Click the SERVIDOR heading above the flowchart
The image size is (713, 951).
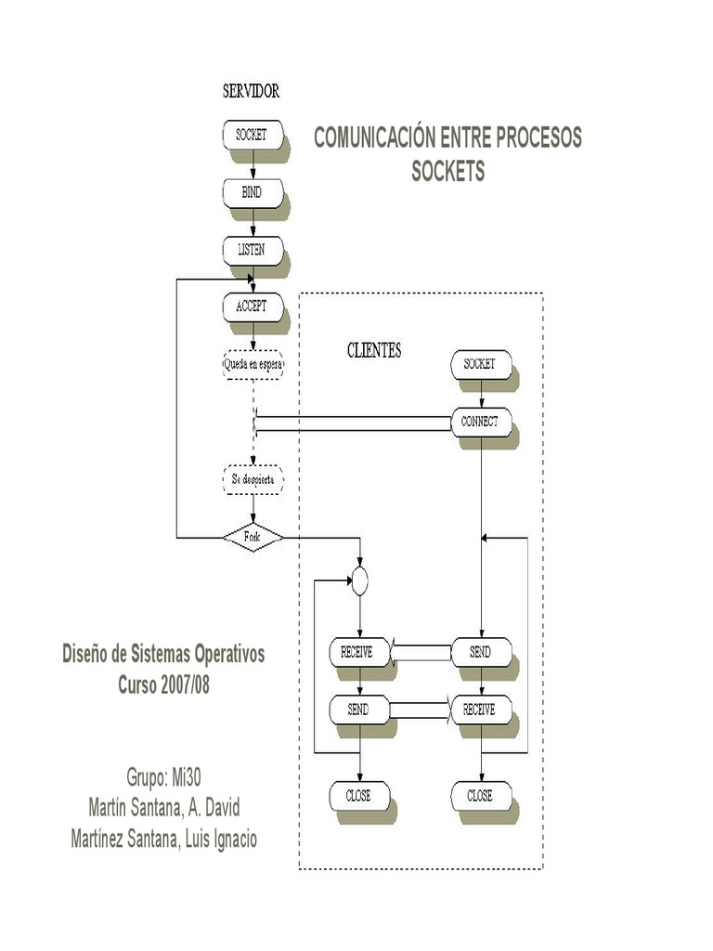(x=251, y=91)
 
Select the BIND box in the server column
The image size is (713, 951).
(x=251, y=192)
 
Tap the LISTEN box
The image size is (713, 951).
(x=251, y=249)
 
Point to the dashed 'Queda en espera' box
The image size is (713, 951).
(x=253, y=363)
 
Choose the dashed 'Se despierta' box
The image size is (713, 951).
(x=253, y=480)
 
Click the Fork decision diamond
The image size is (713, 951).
(x=253, y=537)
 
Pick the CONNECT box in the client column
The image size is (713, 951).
(x=480, y=421)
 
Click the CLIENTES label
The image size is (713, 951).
(x=374, y=351)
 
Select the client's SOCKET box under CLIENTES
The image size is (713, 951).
(x=480, y=364)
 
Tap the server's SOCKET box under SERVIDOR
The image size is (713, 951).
(x=251, y=135)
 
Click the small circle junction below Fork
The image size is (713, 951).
(x=360, y=581)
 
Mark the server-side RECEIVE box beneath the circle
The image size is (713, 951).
(x=358, y=652)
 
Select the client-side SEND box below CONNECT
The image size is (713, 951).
(x=480, y=652)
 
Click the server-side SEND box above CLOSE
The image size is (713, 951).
(x=358, y=710)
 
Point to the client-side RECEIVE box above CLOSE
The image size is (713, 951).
(x=480, y=710)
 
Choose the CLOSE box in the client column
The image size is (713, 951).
(x=480, y=796)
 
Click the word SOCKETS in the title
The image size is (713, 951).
(x=448, y=172)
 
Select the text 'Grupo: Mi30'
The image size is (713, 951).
(x=163, y=776)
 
